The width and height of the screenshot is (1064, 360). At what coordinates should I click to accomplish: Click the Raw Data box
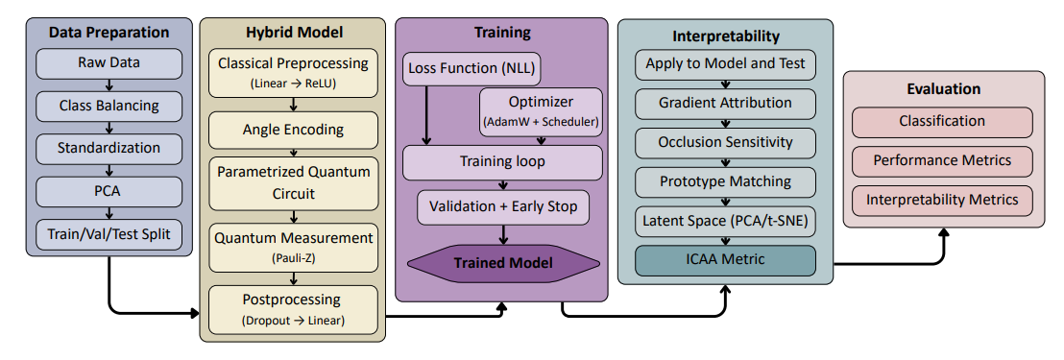point(108,64)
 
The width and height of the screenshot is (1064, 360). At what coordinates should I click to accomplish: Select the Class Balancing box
point(108,107)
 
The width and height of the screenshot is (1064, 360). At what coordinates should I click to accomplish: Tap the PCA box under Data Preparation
point(108,191)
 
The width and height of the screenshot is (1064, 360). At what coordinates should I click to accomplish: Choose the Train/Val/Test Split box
point(108,233)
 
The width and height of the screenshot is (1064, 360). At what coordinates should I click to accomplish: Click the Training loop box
point(502,162)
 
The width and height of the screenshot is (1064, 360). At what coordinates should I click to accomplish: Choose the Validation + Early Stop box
point(502,206)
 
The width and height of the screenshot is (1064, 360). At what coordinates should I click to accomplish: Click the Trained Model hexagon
point(502,262)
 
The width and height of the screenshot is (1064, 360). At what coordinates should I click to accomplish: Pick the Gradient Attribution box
point(725,103)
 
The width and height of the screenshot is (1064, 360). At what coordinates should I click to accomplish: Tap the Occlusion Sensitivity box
point(725,142)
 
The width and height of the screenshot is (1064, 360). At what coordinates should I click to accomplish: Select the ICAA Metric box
point(725,260)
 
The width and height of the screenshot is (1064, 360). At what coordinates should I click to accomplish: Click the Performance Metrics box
point(942,160)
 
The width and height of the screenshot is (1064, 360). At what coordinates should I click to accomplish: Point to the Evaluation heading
point(943,89)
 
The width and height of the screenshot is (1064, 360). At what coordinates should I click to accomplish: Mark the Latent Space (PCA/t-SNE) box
point(725,221)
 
